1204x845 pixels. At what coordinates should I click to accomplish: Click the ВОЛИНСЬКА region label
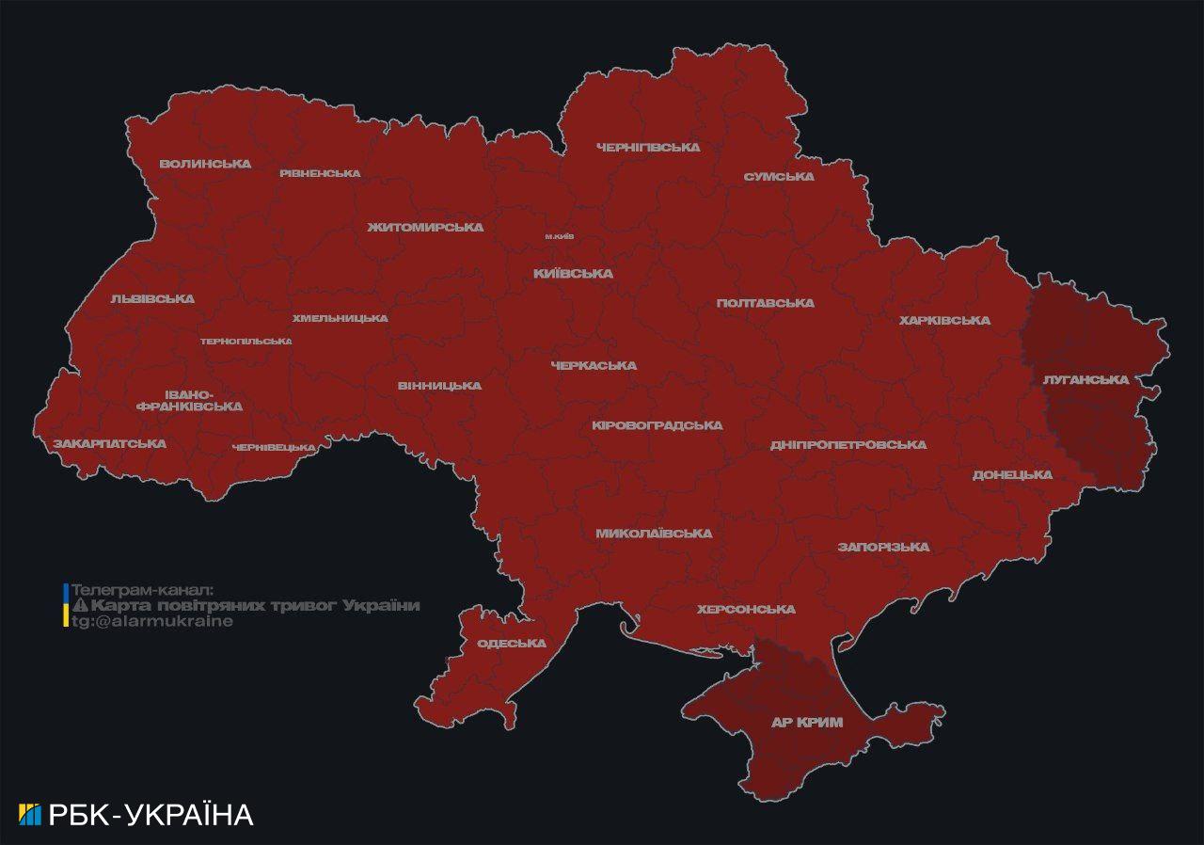(x=205, y=164)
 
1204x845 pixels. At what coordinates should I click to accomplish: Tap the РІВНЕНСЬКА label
(x=320, y=173)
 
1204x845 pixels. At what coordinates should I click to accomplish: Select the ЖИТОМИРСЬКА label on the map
(x=425, y=228)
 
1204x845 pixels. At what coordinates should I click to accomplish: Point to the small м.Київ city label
(x=560, y=236)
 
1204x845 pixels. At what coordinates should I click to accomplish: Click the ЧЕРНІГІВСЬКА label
(x=648, y=148)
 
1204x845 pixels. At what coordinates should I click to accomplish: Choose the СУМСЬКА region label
(x=779, y=177)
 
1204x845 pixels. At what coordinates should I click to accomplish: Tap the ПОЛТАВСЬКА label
(x=765, y=303)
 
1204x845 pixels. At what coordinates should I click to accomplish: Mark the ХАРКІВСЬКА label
(x=944, y=321)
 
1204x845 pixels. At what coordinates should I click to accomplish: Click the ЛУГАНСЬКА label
(x=1085, y=380)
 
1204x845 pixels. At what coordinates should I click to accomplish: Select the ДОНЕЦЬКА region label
(x=1012, y=475)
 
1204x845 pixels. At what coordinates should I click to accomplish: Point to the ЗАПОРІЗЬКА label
(x=883, y=547)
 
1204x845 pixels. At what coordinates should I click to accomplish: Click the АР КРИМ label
(x=806, y=723)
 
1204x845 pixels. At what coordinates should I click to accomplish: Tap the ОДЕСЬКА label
(x=512, y=644)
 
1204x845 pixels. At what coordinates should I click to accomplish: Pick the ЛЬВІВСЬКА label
(x=152, y=299)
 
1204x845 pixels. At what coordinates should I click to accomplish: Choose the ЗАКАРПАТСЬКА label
(x=109, y=443)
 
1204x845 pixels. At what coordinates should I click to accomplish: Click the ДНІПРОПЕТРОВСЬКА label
(x=848, y=444)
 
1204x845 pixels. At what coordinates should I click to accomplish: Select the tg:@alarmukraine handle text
(x=152, y=622)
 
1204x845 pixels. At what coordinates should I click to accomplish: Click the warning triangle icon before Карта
(x=80, y=606)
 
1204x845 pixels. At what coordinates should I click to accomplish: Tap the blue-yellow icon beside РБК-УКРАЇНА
(x=30, y=815)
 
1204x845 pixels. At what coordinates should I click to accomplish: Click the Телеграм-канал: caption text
(x=143, y=590)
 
